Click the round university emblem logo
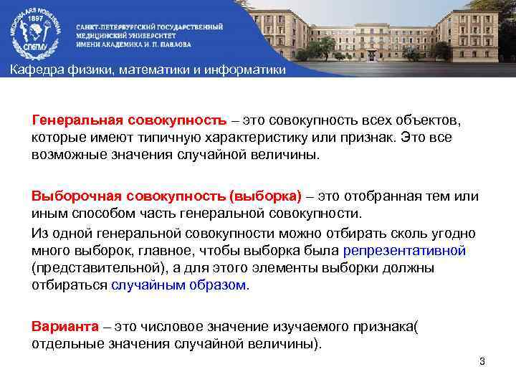point(33,32)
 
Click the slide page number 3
point(482,361)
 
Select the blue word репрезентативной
point(405,252)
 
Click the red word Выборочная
point(77,196)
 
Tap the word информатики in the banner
point(244,70)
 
